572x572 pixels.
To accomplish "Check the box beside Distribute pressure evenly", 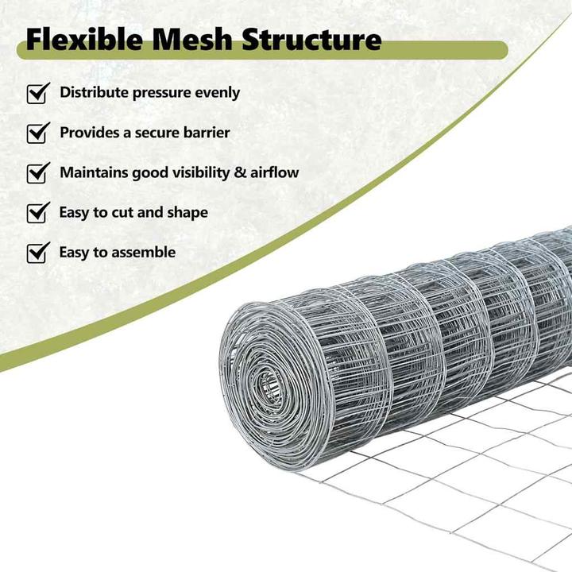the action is tap(38, 94).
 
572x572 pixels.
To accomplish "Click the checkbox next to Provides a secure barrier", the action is tap(38, 133).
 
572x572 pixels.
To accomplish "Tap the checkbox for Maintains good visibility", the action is tap(38, 173).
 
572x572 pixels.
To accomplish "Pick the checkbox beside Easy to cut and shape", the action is tap(38, 213).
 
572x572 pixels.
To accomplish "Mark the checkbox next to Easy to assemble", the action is tap(38, 253).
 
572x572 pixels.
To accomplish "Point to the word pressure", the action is tap(161, 94).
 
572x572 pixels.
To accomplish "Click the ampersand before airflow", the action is tap(240, 172).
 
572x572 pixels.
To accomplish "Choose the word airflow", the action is tap(274, 172).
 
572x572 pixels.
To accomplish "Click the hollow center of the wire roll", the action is tap(270, 385).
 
